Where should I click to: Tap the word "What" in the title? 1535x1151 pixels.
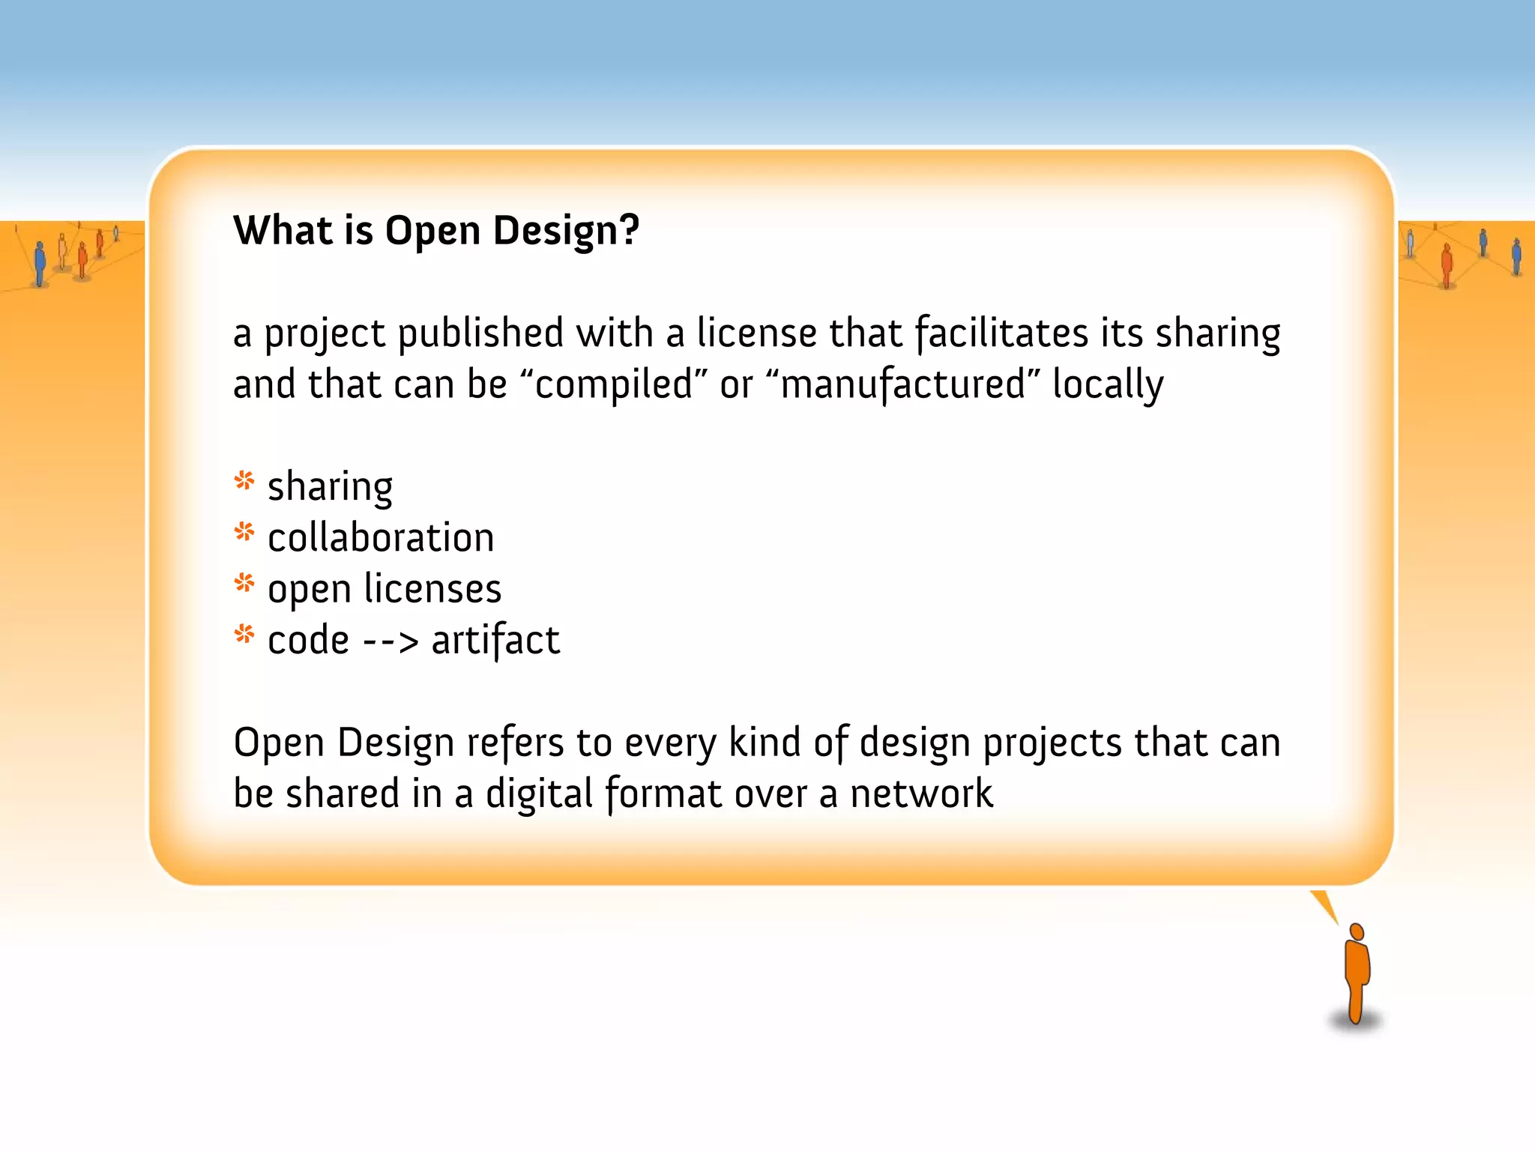click(283, 229)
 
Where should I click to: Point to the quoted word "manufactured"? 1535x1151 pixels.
click(902, 384)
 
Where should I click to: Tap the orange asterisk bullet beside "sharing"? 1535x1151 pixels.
click(244, 480)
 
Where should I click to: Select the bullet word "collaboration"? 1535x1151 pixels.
click(381, 538)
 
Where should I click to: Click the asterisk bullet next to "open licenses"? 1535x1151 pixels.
click(244, 583)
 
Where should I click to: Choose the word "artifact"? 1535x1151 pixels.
click(495, 641)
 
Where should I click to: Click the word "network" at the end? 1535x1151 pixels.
click(921, 794)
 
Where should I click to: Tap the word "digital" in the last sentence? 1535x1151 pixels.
click(539, 794)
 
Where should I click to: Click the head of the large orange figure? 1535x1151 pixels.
click(1356, 931)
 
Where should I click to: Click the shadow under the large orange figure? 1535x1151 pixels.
click(1355, 1021)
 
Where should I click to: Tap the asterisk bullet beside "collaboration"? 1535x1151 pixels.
click(244, 532)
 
